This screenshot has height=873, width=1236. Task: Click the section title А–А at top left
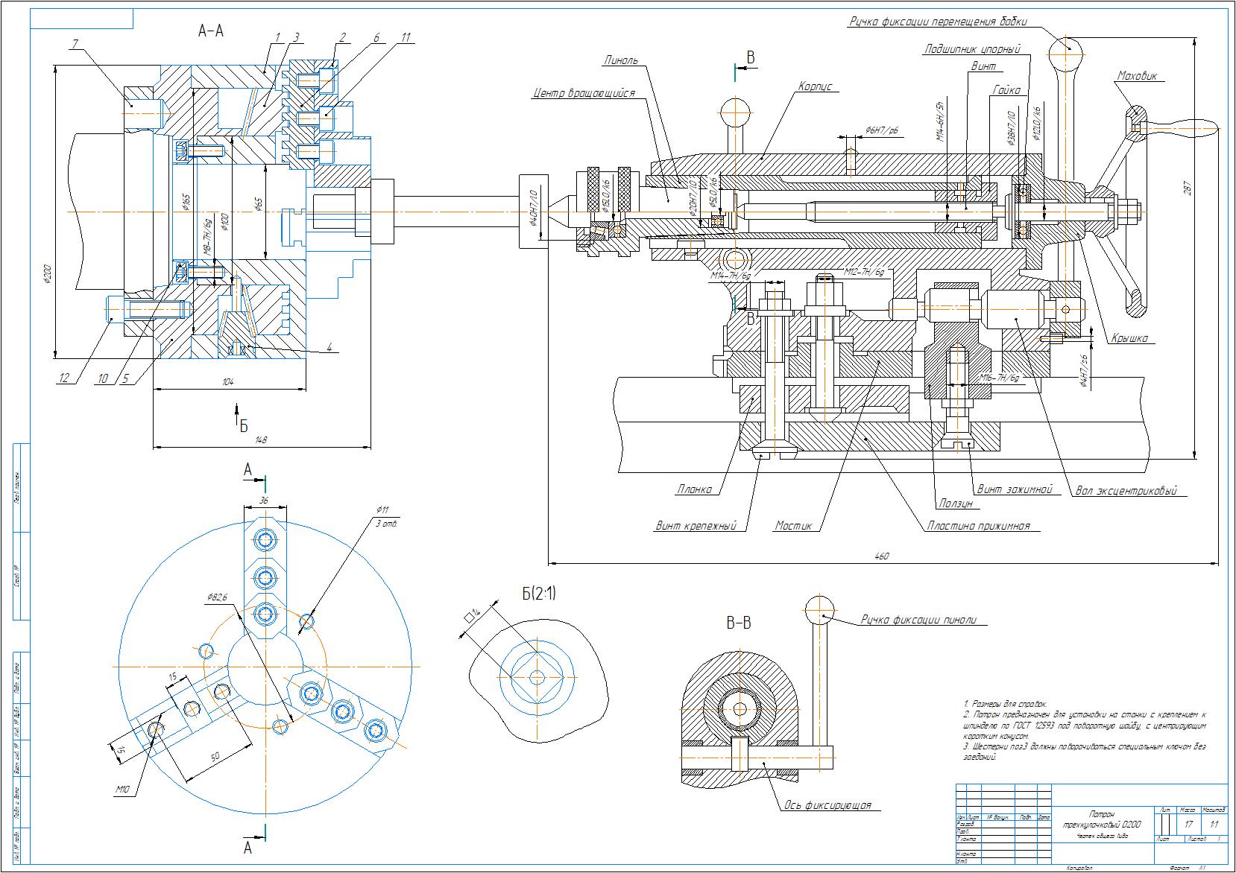click(x=211, y=31)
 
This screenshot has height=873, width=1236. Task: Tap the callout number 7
click(x=75, y=45)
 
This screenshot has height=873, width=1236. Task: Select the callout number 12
click(x=64, y=378)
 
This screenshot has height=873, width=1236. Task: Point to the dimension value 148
click(x=261, y=440)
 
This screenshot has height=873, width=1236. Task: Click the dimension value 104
click(x=228, y=381)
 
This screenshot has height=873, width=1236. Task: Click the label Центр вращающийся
click(x=584, y=94)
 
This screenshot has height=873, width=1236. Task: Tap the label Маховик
click(x=1136, y=76)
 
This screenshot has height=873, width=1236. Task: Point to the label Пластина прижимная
click(x=978, y=526)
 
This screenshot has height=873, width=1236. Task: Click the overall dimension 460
click(x=883, y=556)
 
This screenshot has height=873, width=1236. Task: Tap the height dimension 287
click(x=1188, y=188)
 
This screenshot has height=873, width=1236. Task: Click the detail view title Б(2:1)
click(x=538, y=594)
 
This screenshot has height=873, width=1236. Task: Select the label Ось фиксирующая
click(x=827, y=805)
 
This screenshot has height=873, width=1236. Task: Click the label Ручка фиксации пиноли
click(x=924, y=619)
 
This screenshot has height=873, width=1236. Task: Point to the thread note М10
click(x=122, y=789)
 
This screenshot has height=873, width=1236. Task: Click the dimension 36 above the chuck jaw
click(x=263, y=501)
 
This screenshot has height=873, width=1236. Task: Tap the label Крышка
click(x=1129, y=338)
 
